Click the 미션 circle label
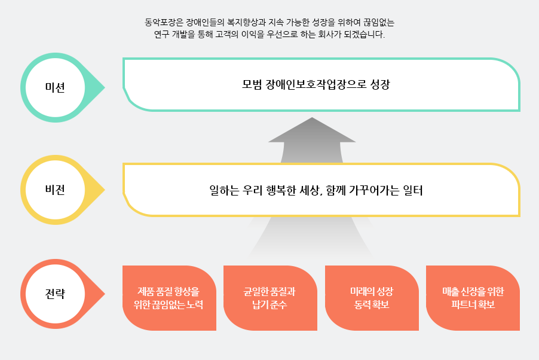55,87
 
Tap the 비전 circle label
55,190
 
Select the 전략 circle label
55,294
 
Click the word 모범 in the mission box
252,84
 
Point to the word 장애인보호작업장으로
316,84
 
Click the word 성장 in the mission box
380,84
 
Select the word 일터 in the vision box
413,190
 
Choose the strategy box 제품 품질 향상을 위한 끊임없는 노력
169,298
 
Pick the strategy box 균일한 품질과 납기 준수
270,298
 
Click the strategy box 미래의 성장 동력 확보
372,298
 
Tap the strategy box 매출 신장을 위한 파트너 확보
473,298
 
